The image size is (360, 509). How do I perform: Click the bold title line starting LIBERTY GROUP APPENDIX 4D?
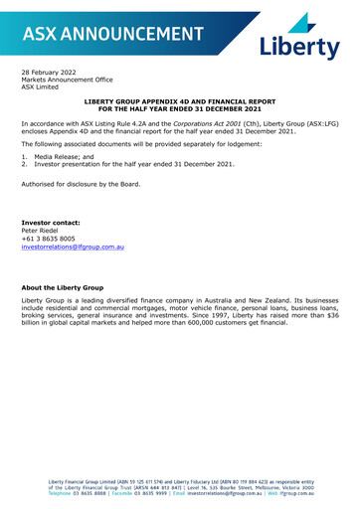178,101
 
